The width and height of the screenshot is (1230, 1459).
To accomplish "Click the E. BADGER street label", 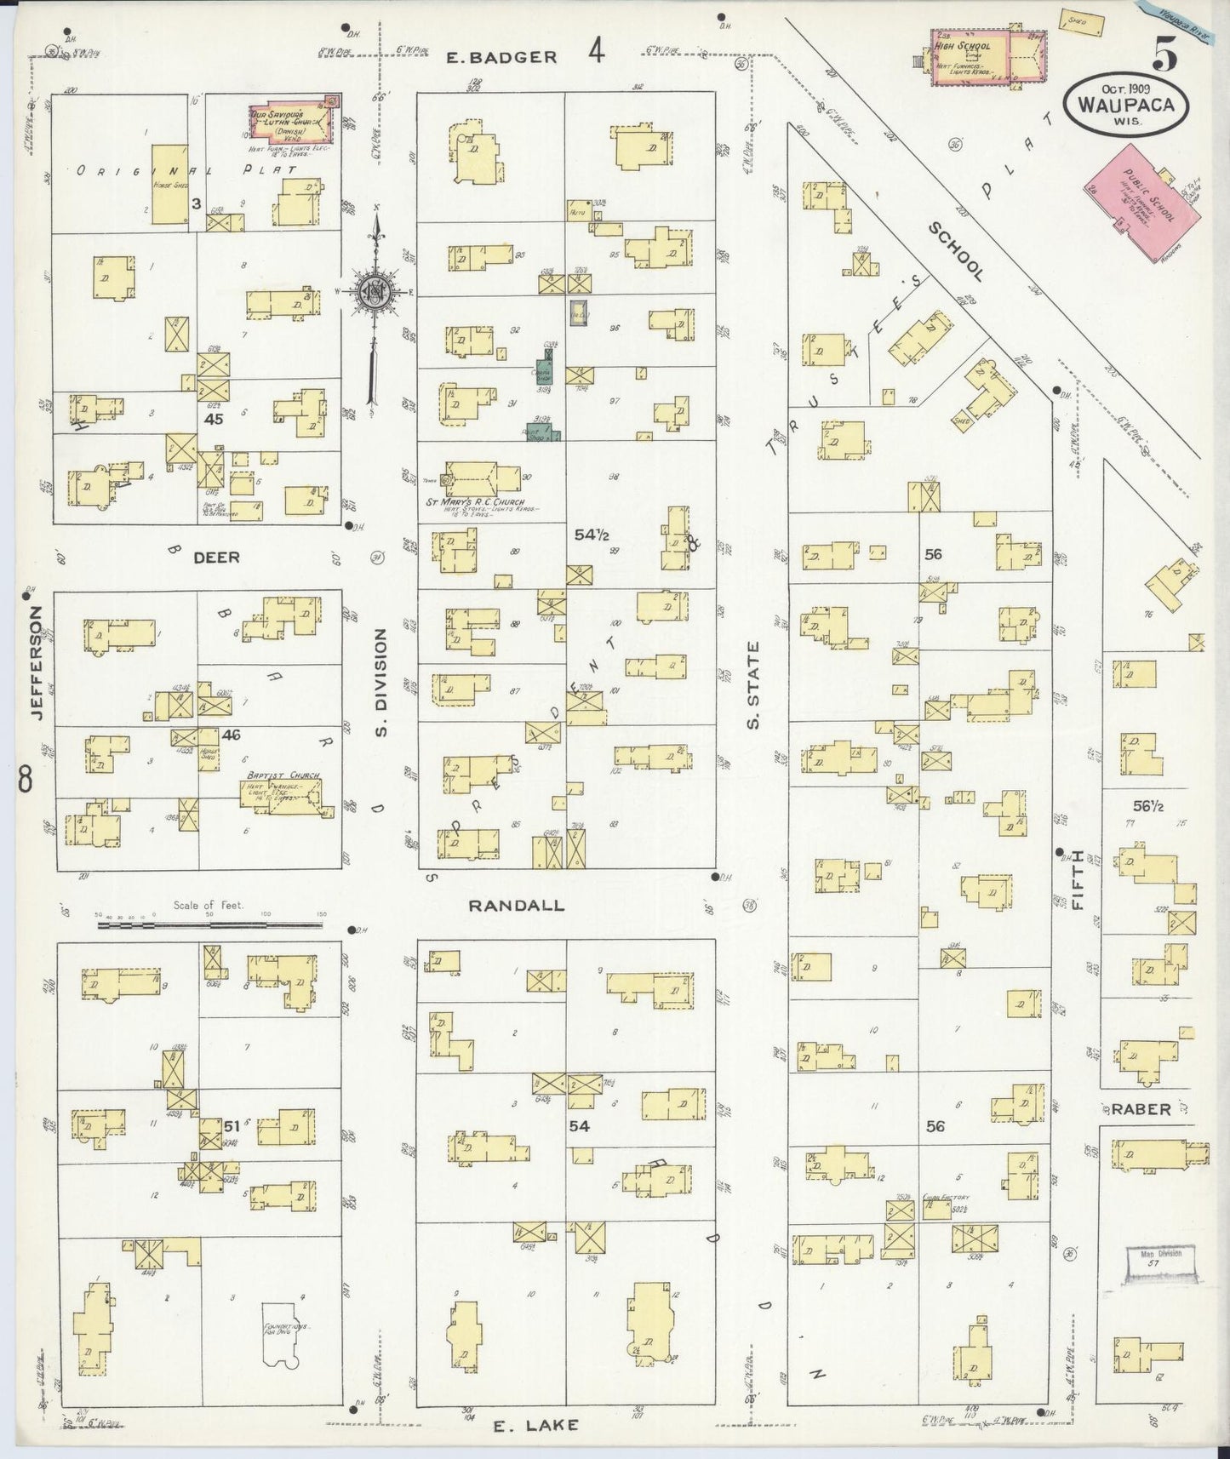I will [x=502, y=57].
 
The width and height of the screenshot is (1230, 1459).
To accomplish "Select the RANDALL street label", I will [x=516, y=905].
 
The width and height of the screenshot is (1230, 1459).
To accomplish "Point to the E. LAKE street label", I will [x=536, y=1425].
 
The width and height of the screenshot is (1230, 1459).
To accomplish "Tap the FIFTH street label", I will [x=1078, y=880].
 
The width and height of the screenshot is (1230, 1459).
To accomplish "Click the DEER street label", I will [x=216, y=558].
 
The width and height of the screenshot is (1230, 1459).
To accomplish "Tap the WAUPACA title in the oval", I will [x=1125, y=106].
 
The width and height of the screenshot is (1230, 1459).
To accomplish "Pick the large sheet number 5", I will [x=1165, y=55].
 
